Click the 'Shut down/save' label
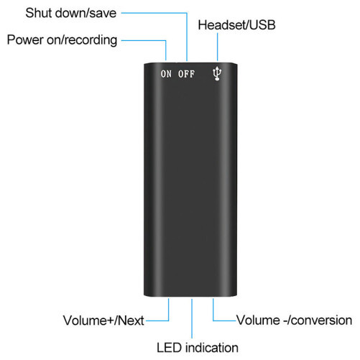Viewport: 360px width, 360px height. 71,13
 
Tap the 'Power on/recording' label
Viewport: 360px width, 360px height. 62,40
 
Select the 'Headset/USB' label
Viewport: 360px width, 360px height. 236,25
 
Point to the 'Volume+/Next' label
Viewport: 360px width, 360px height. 103,320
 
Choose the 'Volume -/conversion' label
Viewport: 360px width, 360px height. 295,320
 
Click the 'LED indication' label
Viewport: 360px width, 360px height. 198,348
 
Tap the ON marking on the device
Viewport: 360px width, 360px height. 166,74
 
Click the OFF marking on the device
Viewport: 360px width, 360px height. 186,74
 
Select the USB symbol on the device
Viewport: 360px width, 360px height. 217,73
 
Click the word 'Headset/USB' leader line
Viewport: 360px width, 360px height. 218,47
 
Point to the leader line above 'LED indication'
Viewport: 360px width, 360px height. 192,318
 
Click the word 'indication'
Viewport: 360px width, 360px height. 212,348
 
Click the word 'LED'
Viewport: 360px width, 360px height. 170,348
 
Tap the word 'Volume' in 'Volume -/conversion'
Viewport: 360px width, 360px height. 258,320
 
